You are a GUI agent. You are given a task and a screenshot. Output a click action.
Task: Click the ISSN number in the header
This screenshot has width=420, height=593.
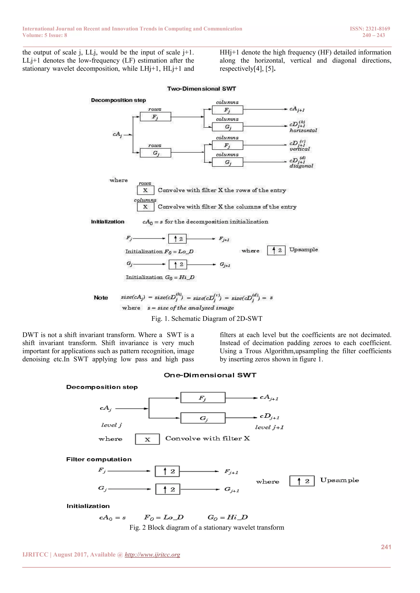tap(370, 29)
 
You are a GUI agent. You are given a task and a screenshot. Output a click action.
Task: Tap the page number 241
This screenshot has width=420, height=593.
tap(386, 547)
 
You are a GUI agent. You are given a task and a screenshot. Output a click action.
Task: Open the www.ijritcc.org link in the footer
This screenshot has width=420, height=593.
tap(152, 555)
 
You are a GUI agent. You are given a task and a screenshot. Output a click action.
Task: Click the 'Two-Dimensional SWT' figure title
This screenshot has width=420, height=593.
tap(201, 89)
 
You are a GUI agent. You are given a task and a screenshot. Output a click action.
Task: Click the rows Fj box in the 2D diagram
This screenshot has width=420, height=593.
tap(155, 117)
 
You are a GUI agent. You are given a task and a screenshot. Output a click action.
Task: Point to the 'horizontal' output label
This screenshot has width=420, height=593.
tap(303, 130)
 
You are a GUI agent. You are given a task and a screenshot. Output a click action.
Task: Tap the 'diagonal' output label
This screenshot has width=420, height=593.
tap(301, 166)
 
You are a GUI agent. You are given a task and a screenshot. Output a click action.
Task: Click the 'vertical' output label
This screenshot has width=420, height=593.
tap(299, 149)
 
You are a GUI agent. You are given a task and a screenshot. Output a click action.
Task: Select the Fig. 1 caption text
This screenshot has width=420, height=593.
tap(207, 318)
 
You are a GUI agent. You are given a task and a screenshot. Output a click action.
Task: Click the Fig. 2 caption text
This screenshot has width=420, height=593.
tap(207, 527)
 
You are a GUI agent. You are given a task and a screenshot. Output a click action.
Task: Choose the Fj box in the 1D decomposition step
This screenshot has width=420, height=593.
tap(203, 398)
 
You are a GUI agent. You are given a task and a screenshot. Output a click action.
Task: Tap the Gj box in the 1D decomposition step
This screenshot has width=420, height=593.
tap(203, 418)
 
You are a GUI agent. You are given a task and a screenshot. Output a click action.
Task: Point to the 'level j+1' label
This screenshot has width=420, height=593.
tap(269, 427)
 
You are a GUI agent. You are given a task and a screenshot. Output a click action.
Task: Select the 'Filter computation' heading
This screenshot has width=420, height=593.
tap(99, 459)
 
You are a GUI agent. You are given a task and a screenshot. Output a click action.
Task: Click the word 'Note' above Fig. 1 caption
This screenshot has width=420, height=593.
tap(101, 298)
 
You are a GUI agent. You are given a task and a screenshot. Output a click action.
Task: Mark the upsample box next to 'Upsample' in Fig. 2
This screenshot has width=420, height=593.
tap(302, 481)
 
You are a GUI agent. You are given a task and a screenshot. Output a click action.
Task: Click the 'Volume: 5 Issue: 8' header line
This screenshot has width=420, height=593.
tap(45, 35)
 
